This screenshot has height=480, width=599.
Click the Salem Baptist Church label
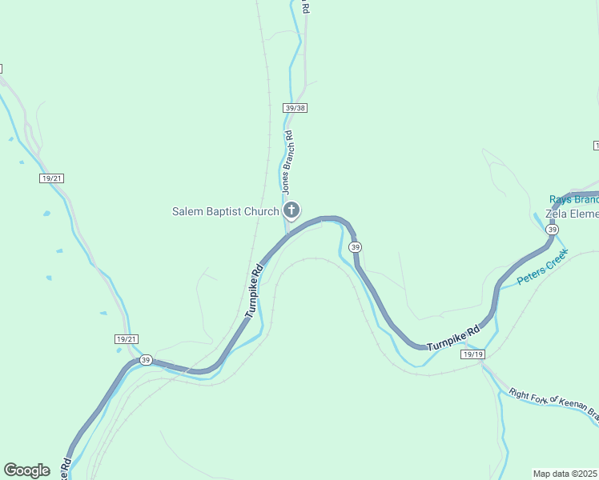pyautogui.click(x=225, y=211)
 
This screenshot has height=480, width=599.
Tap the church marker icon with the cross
pyautogui.click(x=291, y=211)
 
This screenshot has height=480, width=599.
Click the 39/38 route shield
pyautogui.click(x=295, y=107)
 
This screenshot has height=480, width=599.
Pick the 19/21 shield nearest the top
pyautogui.click(x=51, y=178)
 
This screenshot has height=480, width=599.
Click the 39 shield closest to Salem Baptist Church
pyautogui.click(x=356, y=247)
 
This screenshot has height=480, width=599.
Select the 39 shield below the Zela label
pyautogui.click(x=552, y=230)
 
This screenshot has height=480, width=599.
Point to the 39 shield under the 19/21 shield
pyautogui.click(x=145, y=360)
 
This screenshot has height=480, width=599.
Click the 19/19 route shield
pyautogui.click(x=473, y=354)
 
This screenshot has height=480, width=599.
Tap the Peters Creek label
pyautogui.click(x=542, y=267)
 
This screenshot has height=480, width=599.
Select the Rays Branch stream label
pyautogui.click(x=573, y=199)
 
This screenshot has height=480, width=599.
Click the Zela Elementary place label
pyautogui.click(x=572, y=214)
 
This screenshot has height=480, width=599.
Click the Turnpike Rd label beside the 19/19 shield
pyautogui.click(x=452, y=338)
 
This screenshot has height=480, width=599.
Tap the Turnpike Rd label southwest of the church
pyautogui.click(x=254, y=290)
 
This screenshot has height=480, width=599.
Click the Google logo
pyautogui.click(x=26, y=470)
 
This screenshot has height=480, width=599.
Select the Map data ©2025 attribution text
pyautogui.click(x=565, y=474)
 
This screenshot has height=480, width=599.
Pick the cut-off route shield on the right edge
pyautogui.click(x=596, y=145)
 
